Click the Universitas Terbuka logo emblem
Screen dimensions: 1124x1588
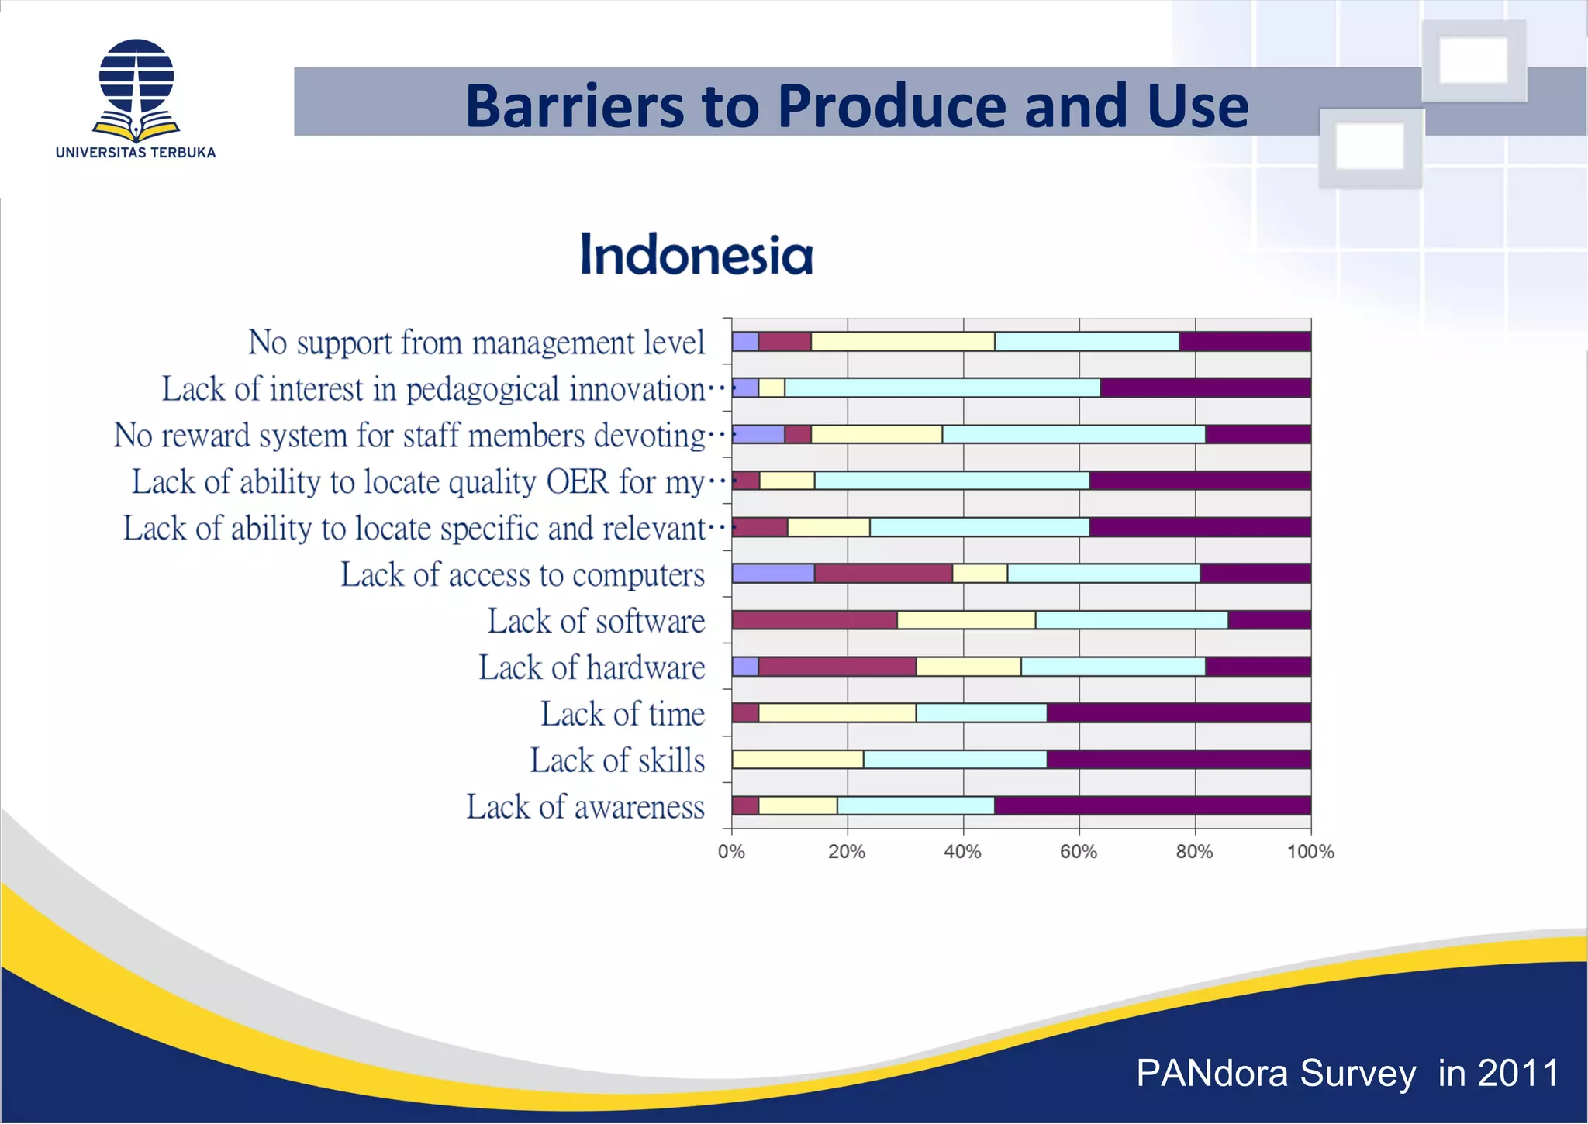[x=136, y=89]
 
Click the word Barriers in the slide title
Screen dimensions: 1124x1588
[x=575, y=106]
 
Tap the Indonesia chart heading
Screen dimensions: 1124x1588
[x=696, y=255]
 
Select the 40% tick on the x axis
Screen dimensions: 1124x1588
[x=962, y=852]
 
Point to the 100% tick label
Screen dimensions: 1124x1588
[x=1310, y=852]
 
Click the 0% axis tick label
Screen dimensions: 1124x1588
[x=730, y=852]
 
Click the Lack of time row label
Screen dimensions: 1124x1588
[x=623, y=714]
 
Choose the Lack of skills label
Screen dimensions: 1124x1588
[x=617, y=760]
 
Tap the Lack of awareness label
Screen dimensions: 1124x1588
[x=585, y=807]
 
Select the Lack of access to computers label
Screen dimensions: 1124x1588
[x=523, y=575]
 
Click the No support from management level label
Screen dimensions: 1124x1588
[x=476, y=343]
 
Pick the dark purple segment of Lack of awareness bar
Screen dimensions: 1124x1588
[x=1151, y=805]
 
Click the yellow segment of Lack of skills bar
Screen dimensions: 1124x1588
[x=797, y=759]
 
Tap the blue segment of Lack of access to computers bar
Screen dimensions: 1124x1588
[x=772, y=574]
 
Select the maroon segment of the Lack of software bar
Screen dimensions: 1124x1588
[x=813, y=620]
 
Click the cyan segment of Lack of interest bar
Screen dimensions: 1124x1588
[x=941, y=388]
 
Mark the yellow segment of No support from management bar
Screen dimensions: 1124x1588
[x=902, y=341]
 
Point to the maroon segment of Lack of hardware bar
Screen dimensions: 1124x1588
[x=837, y=667]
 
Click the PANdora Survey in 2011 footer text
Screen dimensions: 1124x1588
[x=1347, y=1074]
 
